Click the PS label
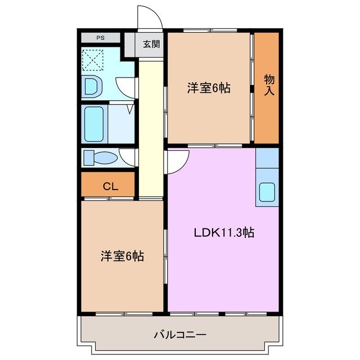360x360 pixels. (x=101, y=38)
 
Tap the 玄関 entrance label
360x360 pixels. (x=151, y=44)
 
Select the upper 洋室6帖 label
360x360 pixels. (x=209, y=88)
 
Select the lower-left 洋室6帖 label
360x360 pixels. (x=122, y=256)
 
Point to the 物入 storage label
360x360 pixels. (x=269, y=84)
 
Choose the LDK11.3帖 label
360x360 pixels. (x=224, y=232)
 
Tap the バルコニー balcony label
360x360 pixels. (x=180, y=335)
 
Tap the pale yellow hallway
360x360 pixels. (x=149, y=129)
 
